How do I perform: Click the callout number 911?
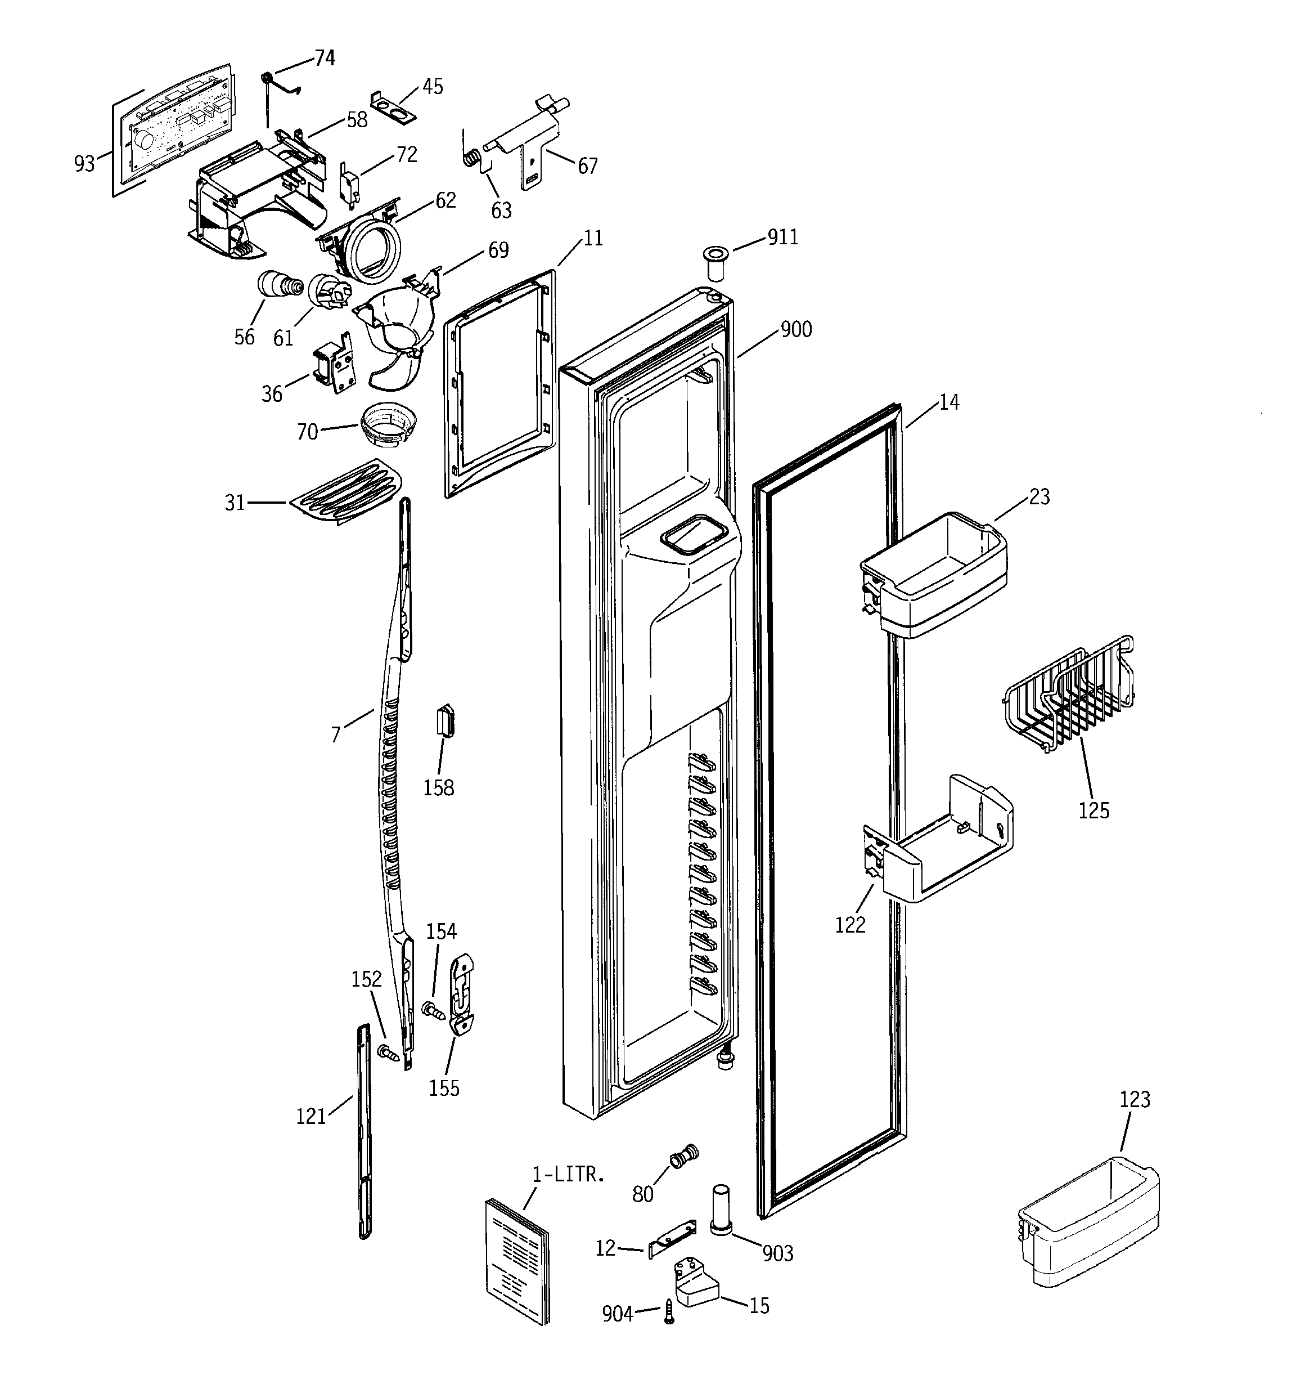point(782,238)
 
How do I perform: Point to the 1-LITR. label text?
point(568,1175)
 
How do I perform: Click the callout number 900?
point(796,329)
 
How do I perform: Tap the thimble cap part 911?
point(714,262)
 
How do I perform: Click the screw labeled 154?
point(434,1011)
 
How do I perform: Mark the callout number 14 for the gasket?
point(948,402)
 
